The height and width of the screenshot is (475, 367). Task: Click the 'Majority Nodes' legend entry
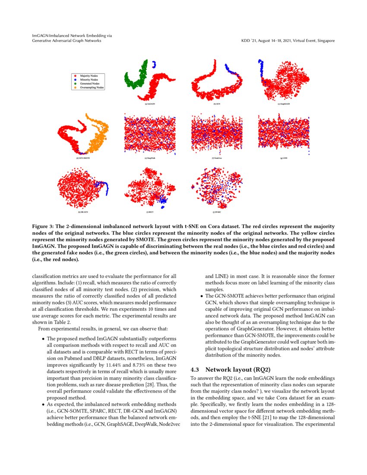(x=88, y=76)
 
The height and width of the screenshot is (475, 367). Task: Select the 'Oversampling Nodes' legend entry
(x=91, y=87)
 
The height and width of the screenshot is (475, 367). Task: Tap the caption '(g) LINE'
(x=284, y=158)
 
